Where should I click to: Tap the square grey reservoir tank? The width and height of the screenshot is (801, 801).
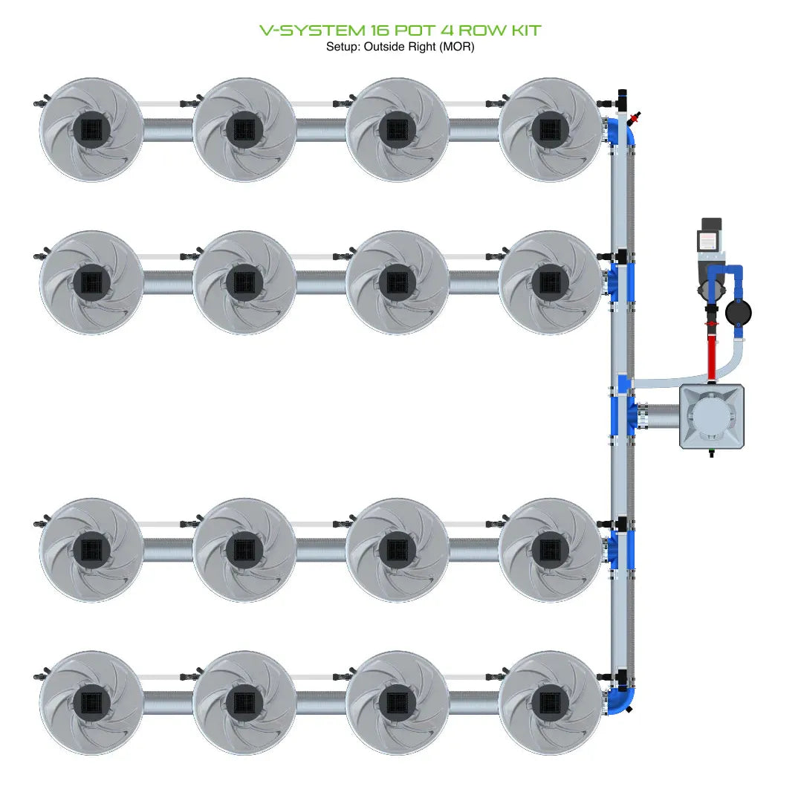[712, 417]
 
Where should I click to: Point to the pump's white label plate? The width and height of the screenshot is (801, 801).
[707, 240]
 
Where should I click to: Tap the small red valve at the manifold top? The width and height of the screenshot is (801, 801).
[634, 117]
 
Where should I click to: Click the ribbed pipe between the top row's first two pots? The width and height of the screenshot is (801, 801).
[168, 130]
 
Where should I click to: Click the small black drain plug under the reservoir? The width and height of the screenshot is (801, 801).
[711, 453]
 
